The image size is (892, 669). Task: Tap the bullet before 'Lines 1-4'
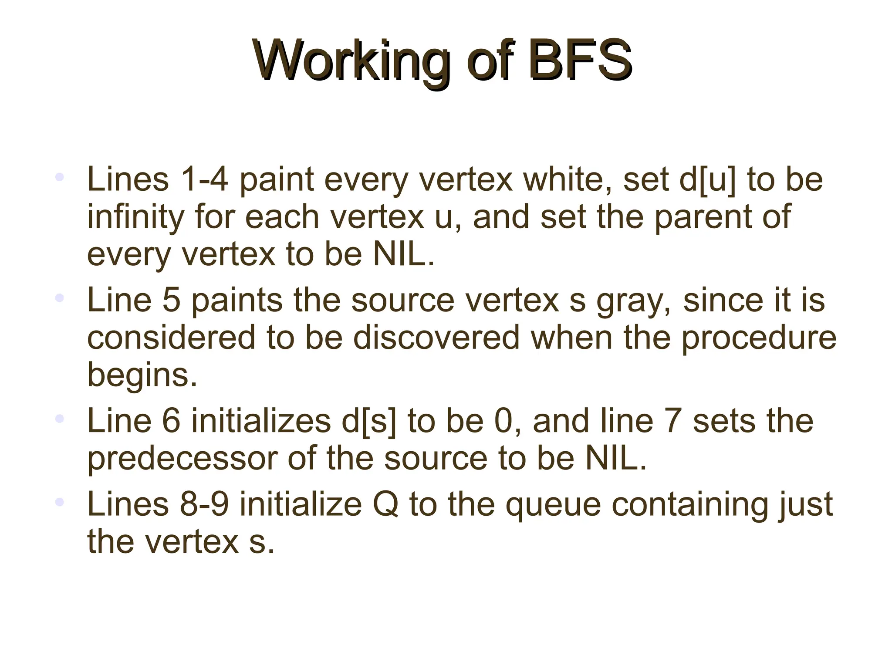tap(60, 177)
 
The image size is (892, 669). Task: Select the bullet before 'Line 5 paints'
tap(60, 298)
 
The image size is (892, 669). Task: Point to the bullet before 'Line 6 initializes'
tap(60, 419)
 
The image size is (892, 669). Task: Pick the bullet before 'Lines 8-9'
tap(60, 502)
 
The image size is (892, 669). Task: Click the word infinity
tap(135, 217)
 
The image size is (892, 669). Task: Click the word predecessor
tap(182, 459)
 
